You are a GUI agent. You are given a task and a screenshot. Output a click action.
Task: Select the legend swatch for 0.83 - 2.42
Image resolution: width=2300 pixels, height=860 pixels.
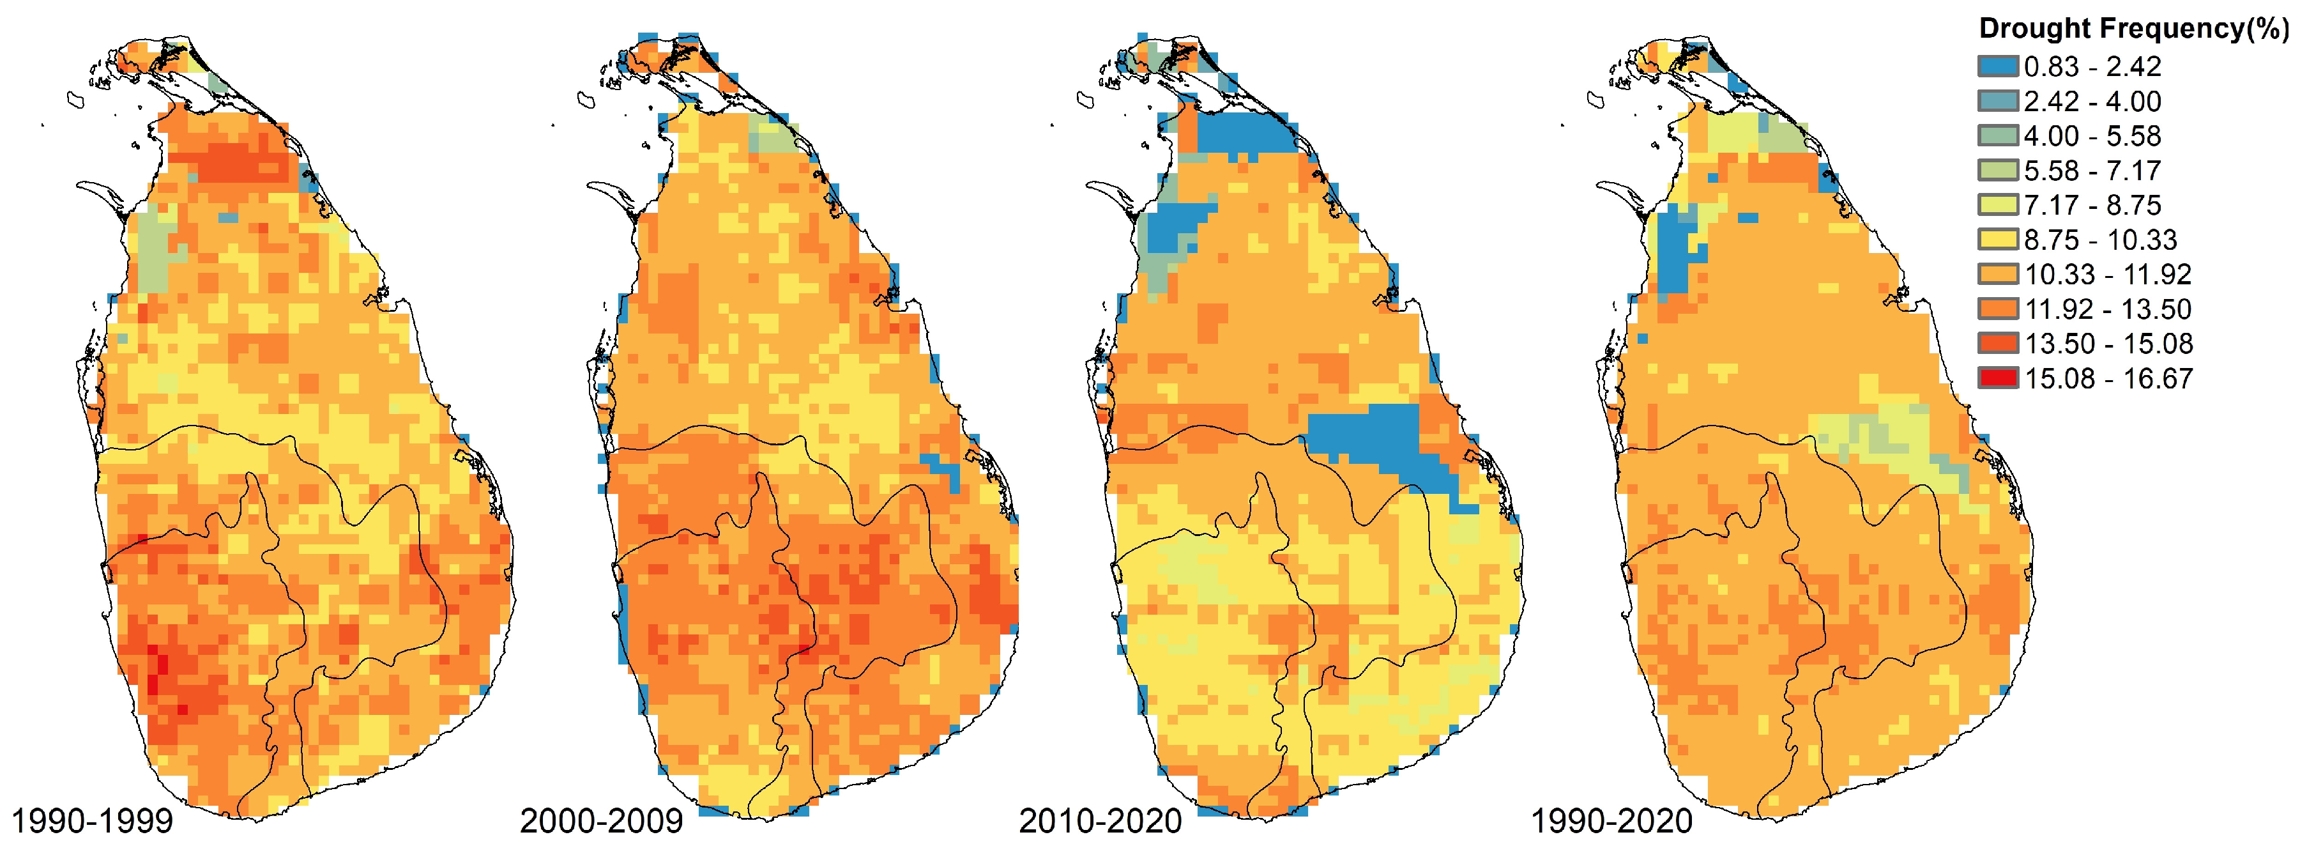point(1997,66)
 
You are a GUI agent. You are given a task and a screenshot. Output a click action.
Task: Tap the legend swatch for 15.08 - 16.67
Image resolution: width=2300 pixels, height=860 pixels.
point(1997,378)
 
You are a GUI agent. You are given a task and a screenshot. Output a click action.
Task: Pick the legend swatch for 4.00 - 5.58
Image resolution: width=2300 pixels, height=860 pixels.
point(1997,135)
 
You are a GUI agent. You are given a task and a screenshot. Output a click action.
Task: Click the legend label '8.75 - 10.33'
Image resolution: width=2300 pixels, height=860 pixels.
point(2100,240)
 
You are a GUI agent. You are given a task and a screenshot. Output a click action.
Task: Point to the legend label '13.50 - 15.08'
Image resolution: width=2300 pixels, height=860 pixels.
point(2107,344)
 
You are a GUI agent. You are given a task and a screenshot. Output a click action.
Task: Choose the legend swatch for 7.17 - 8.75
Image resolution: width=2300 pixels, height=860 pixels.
point(1997,204)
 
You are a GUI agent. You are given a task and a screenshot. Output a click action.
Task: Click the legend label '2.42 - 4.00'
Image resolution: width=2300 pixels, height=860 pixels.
point(2092,101)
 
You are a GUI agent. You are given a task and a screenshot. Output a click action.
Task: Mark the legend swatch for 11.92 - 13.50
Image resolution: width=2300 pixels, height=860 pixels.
point(1997,309)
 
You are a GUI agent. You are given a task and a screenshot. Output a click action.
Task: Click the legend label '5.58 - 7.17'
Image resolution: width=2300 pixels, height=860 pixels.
point(2092,171)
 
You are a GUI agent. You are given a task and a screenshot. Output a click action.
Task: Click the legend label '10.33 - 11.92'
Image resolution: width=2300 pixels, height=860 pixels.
point(2107,274)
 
